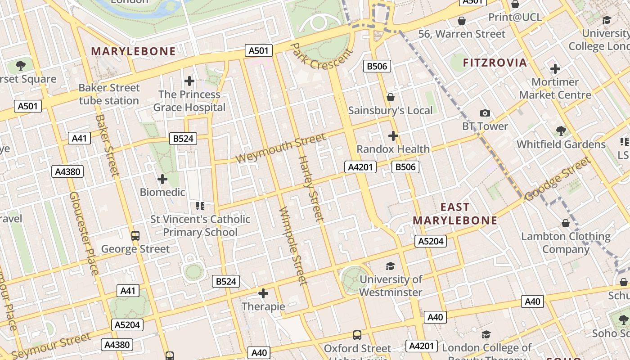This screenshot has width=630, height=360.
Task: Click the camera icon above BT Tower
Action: click(x=485, y=113)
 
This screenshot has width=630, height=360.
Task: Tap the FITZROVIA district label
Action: click(x=495, y=63)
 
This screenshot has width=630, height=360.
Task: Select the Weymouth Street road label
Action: click(x=280, y=148)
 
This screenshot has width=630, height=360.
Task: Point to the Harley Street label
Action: click(x=310, y=189)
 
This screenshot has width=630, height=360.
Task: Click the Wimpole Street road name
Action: click(x=293, y=246)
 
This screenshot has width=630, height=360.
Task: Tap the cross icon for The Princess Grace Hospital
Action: click(x=189, y=81)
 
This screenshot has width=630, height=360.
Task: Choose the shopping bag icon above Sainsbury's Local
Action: click(x=391, y=97)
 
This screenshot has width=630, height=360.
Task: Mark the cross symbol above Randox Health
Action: click(x=393, y=135)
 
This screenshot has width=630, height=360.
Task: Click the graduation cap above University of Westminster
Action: click(x=390, y=266)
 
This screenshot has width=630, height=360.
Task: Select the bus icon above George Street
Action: click(x=135, y=235)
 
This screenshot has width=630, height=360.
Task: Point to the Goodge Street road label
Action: click(x=557, y=179)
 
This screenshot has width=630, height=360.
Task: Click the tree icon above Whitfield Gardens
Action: click(x=561, y=131)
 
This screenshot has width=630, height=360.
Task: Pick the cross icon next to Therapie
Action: click(x=263, y=294)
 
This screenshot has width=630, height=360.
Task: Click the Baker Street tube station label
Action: click(x=109, y=94)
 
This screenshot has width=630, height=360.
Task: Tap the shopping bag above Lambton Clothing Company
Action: click(x=566, y=223)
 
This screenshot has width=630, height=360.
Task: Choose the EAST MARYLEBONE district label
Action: click(x=455, y=214)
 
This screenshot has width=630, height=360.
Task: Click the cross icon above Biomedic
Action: click(x=162, y=179)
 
